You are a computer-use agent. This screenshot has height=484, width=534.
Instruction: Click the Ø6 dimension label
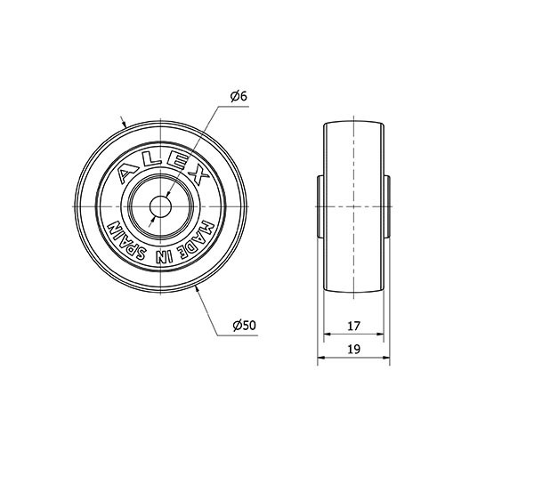click(x=239, y=97)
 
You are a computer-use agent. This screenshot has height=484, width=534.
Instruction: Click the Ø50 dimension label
click(x=244, y=326)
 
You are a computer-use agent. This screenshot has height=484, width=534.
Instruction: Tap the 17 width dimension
click(x=353, y=326)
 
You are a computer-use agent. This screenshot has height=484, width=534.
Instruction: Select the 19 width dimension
click(x=354, y=349)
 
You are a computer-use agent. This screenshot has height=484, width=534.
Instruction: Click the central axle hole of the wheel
click(x=160, y=206)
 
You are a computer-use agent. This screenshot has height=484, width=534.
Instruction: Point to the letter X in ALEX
click(x=198, y=175)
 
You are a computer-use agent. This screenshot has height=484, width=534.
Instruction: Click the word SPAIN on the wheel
click(x=126, y=241)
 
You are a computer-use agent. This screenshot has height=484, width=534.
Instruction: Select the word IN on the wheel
click(x=164, y=256)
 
